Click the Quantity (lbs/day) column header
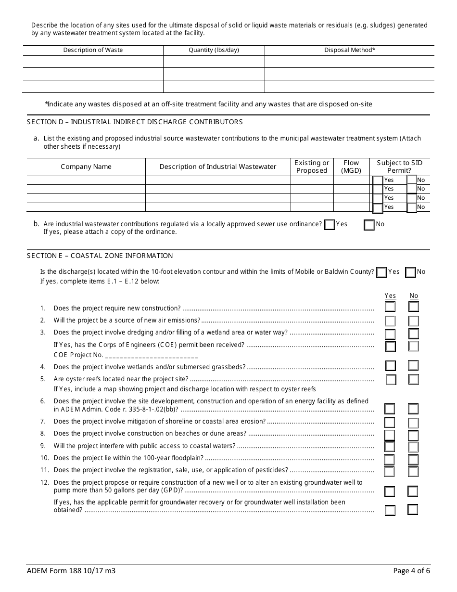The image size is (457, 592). (x=214, y=50)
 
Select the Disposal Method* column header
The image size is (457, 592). (x=350, y=50)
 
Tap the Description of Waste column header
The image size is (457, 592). (x=93, y=50)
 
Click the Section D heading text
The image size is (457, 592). (x=135, y=122)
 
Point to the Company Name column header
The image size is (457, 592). (x=86, y=167)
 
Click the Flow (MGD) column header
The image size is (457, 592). (x=351, y=167)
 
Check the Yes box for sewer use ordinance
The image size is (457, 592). (x=330, y=225)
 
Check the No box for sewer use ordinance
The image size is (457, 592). (x=369, y=225)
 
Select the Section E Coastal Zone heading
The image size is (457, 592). (x=100, y=256)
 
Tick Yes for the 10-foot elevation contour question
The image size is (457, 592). (x=381, y=272)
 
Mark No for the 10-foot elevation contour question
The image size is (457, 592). (x=410, y=272)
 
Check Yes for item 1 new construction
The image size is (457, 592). (x=390, y=307)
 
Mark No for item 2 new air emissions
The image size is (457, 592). (x=414, y=321)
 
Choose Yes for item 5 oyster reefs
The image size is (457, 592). (x=391, y=380)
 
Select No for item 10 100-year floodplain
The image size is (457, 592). (x=413, y=460)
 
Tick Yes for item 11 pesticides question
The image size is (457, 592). (x=389, y=472)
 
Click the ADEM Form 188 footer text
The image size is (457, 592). (x=71, y=571)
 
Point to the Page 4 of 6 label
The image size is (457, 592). (x=411, y=571)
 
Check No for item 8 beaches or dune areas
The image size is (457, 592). (x=413, y=436)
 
